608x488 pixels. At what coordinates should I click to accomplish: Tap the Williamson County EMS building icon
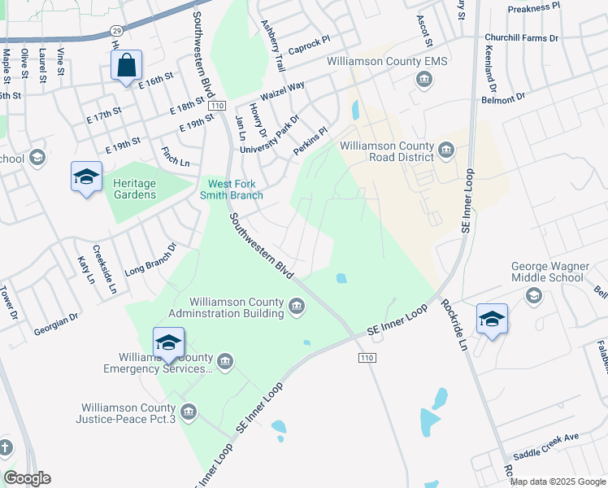pyautogui.click(x=423, y=79)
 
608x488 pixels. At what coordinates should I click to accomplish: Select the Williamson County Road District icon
pyautogui.click(x=446, y=150)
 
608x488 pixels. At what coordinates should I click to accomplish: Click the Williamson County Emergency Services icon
pyautogui.click(x=225, y=360)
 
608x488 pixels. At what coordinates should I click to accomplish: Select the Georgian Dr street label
pyautogui.click(x=56, y=324)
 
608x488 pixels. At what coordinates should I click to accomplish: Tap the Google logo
pyautogui.click(x=27, y=478)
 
